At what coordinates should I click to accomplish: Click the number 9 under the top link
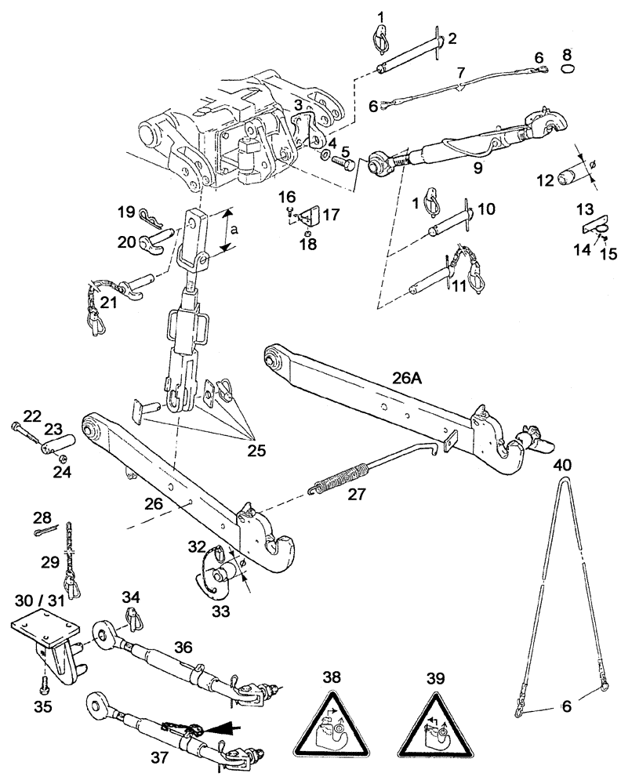[476, 167]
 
